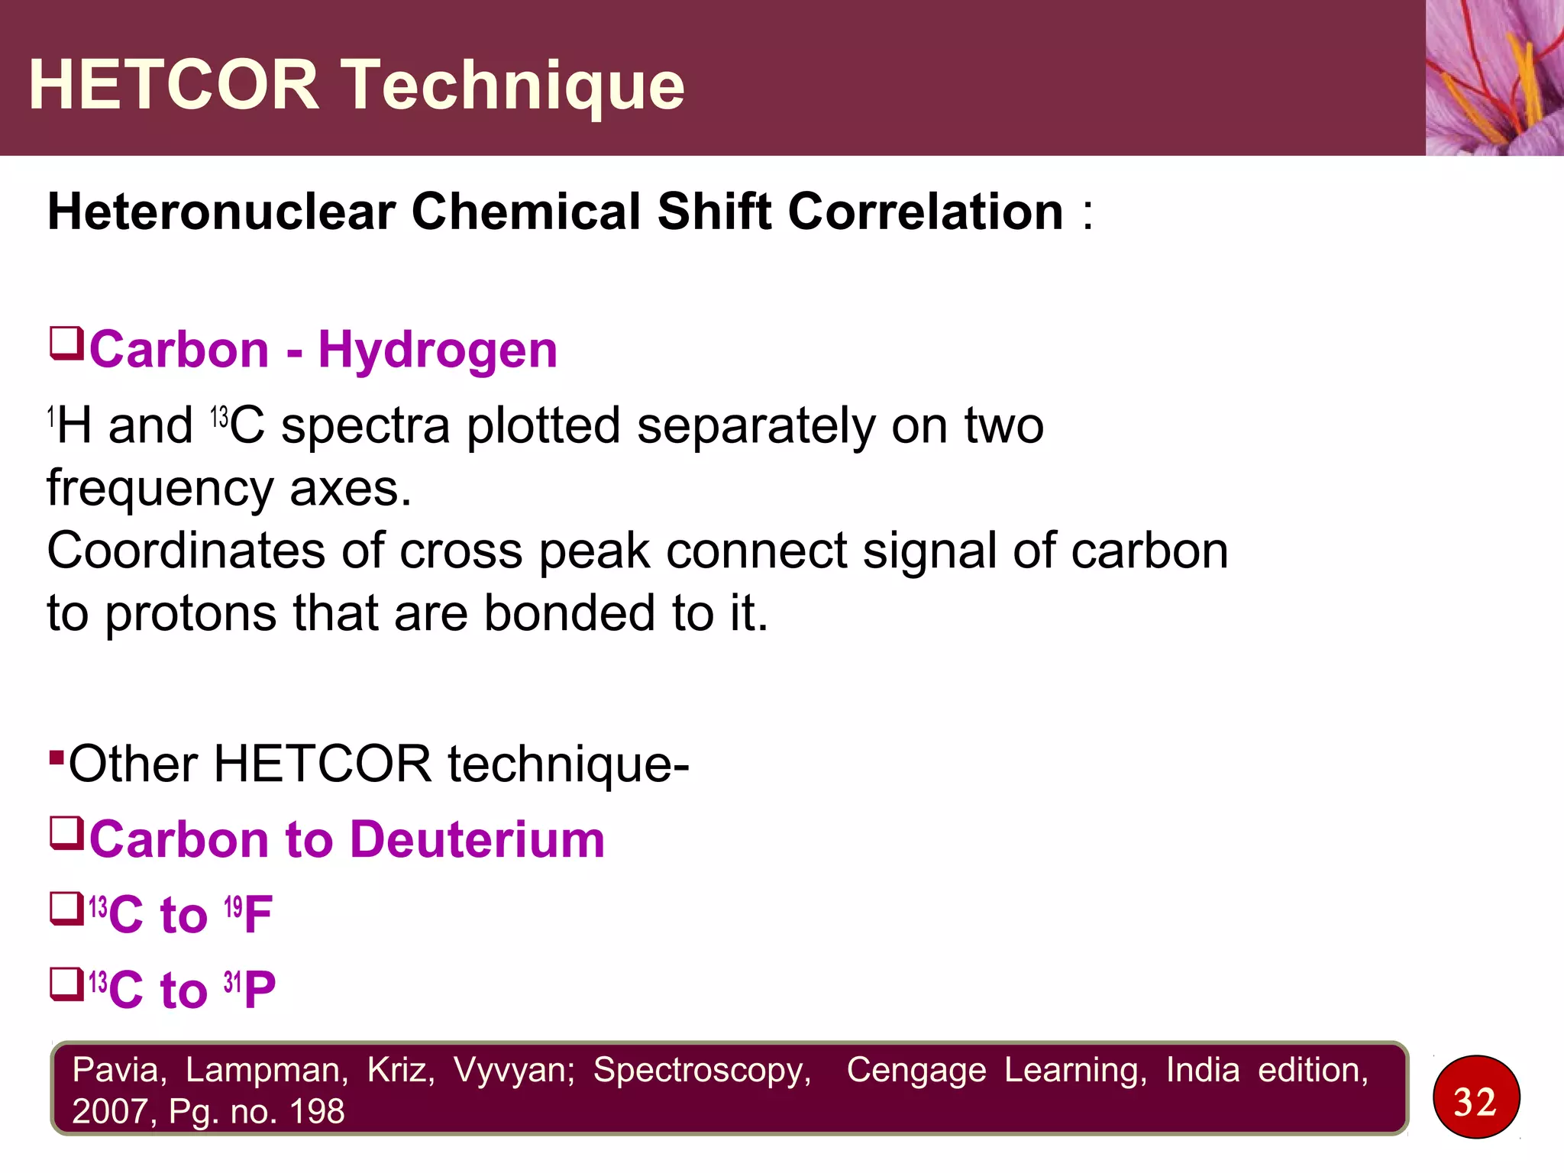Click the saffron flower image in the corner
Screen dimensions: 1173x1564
point(1495,77)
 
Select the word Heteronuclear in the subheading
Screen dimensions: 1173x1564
point(222,212)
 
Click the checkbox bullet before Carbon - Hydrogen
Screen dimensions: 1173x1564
point(66,343)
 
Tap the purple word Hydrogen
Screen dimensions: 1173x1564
point(438,351)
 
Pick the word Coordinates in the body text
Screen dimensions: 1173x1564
point(186,551)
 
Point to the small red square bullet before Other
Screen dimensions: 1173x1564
point(56,758)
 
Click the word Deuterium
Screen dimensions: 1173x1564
point(477,839)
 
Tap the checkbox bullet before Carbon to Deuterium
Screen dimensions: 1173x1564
point(66,833)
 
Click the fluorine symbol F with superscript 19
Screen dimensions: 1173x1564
point(257,914)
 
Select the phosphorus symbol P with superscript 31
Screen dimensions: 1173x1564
point(259,990)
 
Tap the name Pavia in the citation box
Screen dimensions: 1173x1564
point(119,1070)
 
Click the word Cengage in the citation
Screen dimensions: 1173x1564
point(916,1070)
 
